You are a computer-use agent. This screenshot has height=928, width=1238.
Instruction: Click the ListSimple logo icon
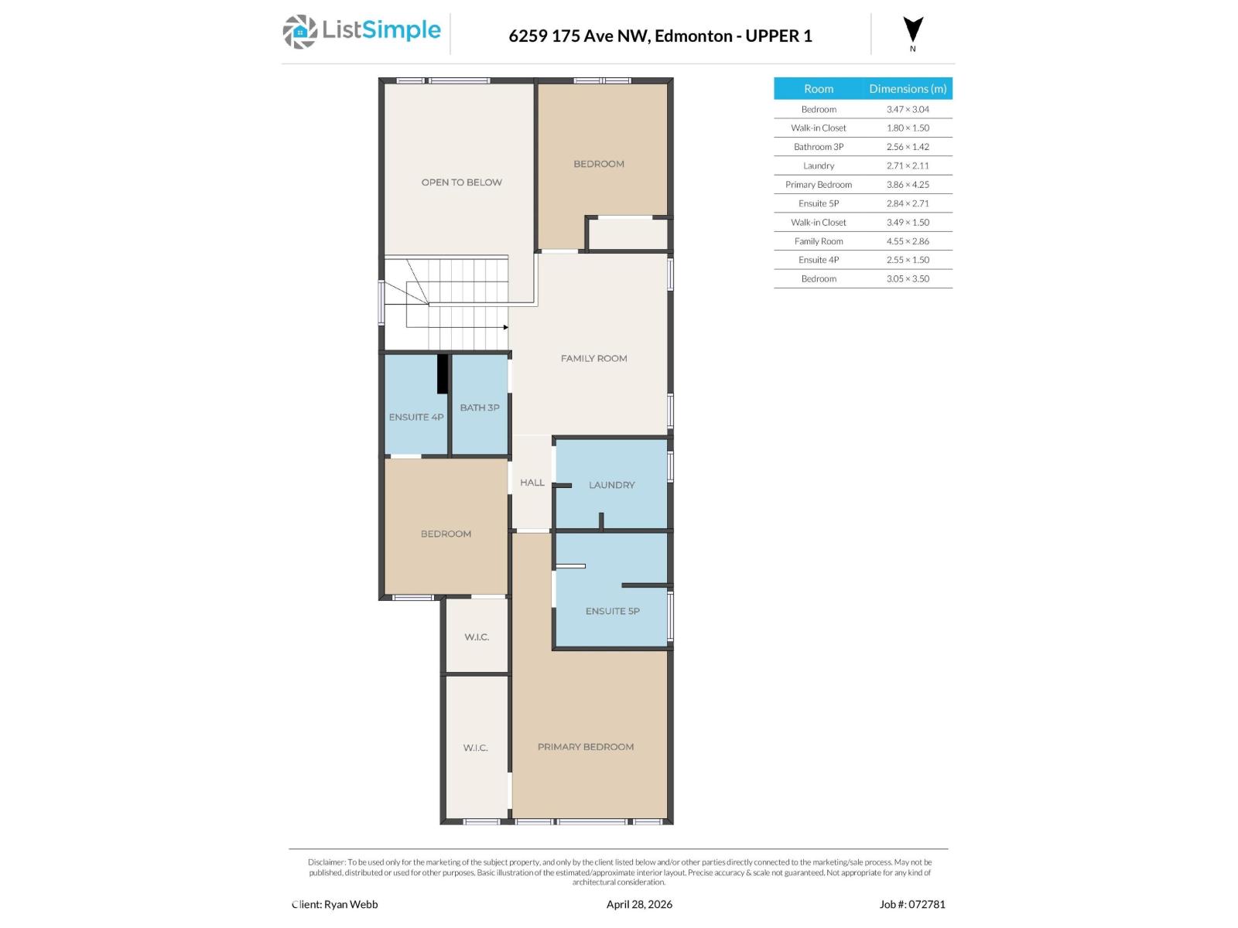[x=299, y=32]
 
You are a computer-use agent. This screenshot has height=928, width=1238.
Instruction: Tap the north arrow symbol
[x=913, y=30]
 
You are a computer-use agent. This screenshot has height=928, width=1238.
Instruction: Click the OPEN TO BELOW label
[x=461, y=183]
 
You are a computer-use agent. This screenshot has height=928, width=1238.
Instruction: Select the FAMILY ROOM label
[x=593, y=358]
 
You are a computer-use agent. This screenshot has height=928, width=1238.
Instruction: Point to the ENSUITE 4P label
[x=416, y=417]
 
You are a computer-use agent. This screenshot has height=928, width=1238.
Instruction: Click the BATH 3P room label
[x=480, y=408]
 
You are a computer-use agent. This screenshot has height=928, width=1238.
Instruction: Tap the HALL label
[x=532, y=483]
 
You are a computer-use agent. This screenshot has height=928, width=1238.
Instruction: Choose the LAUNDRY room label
[x=611, y=485]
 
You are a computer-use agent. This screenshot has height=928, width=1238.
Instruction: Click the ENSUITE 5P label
[x=612, y=611]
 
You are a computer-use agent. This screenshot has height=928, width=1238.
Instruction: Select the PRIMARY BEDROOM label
[x=586, y=747]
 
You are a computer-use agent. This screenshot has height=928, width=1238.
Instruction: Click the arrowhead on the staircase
[x=505, y=327]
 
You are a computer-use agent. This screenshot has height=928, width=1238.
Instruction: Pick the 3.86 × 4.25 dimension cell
[x=908, y=185]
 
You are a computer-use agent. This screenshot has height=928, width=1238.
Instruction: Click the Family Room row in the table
[x=819, y=241]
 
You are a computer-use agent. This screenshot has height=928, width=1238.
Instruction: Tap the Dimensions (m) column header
[x=908, y=89]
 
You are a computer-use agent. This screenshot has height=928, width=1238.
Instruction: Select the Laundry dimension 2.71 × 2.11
[x=908, y=165]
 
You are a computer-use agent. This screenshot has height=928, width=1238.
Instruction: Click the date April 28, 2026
[x=639, y=904]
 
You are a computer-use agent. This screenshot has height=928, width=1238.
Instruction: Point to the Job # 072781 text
[x=912, y=904]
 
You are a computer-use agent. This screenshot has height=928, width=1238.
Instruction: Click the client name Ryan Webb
[x=351, y=904]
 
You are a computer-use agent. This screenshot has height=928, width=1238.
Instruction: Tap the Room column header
[x=819, y=89]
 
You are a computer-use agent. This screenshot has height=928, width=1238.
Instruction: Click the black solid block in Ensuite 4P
[x=443, y=374]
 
